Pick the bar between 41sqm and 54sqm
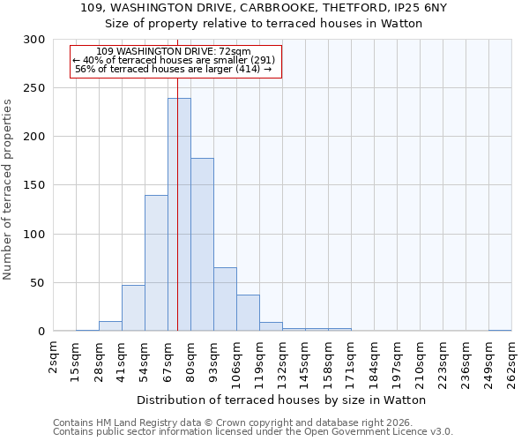click(133, 308)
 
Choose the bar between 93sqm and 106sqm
click(225, 299)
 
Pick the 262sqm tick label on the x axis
click(512, 360)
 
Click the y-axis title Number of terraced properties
click(8, 189)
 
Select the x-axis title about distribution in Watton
click(282, 400)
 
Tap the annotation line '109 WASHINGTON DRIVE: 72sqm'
click(174, 52)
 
